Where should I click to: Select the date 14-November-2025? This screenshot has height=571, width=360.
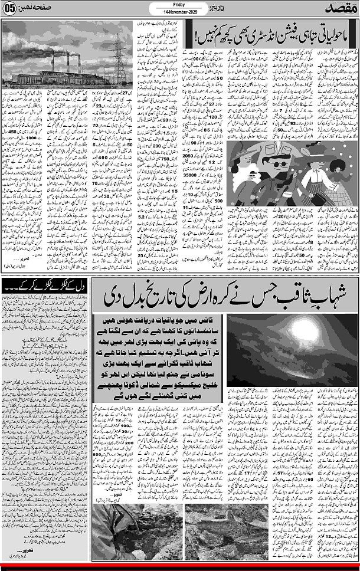point(179,11)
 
